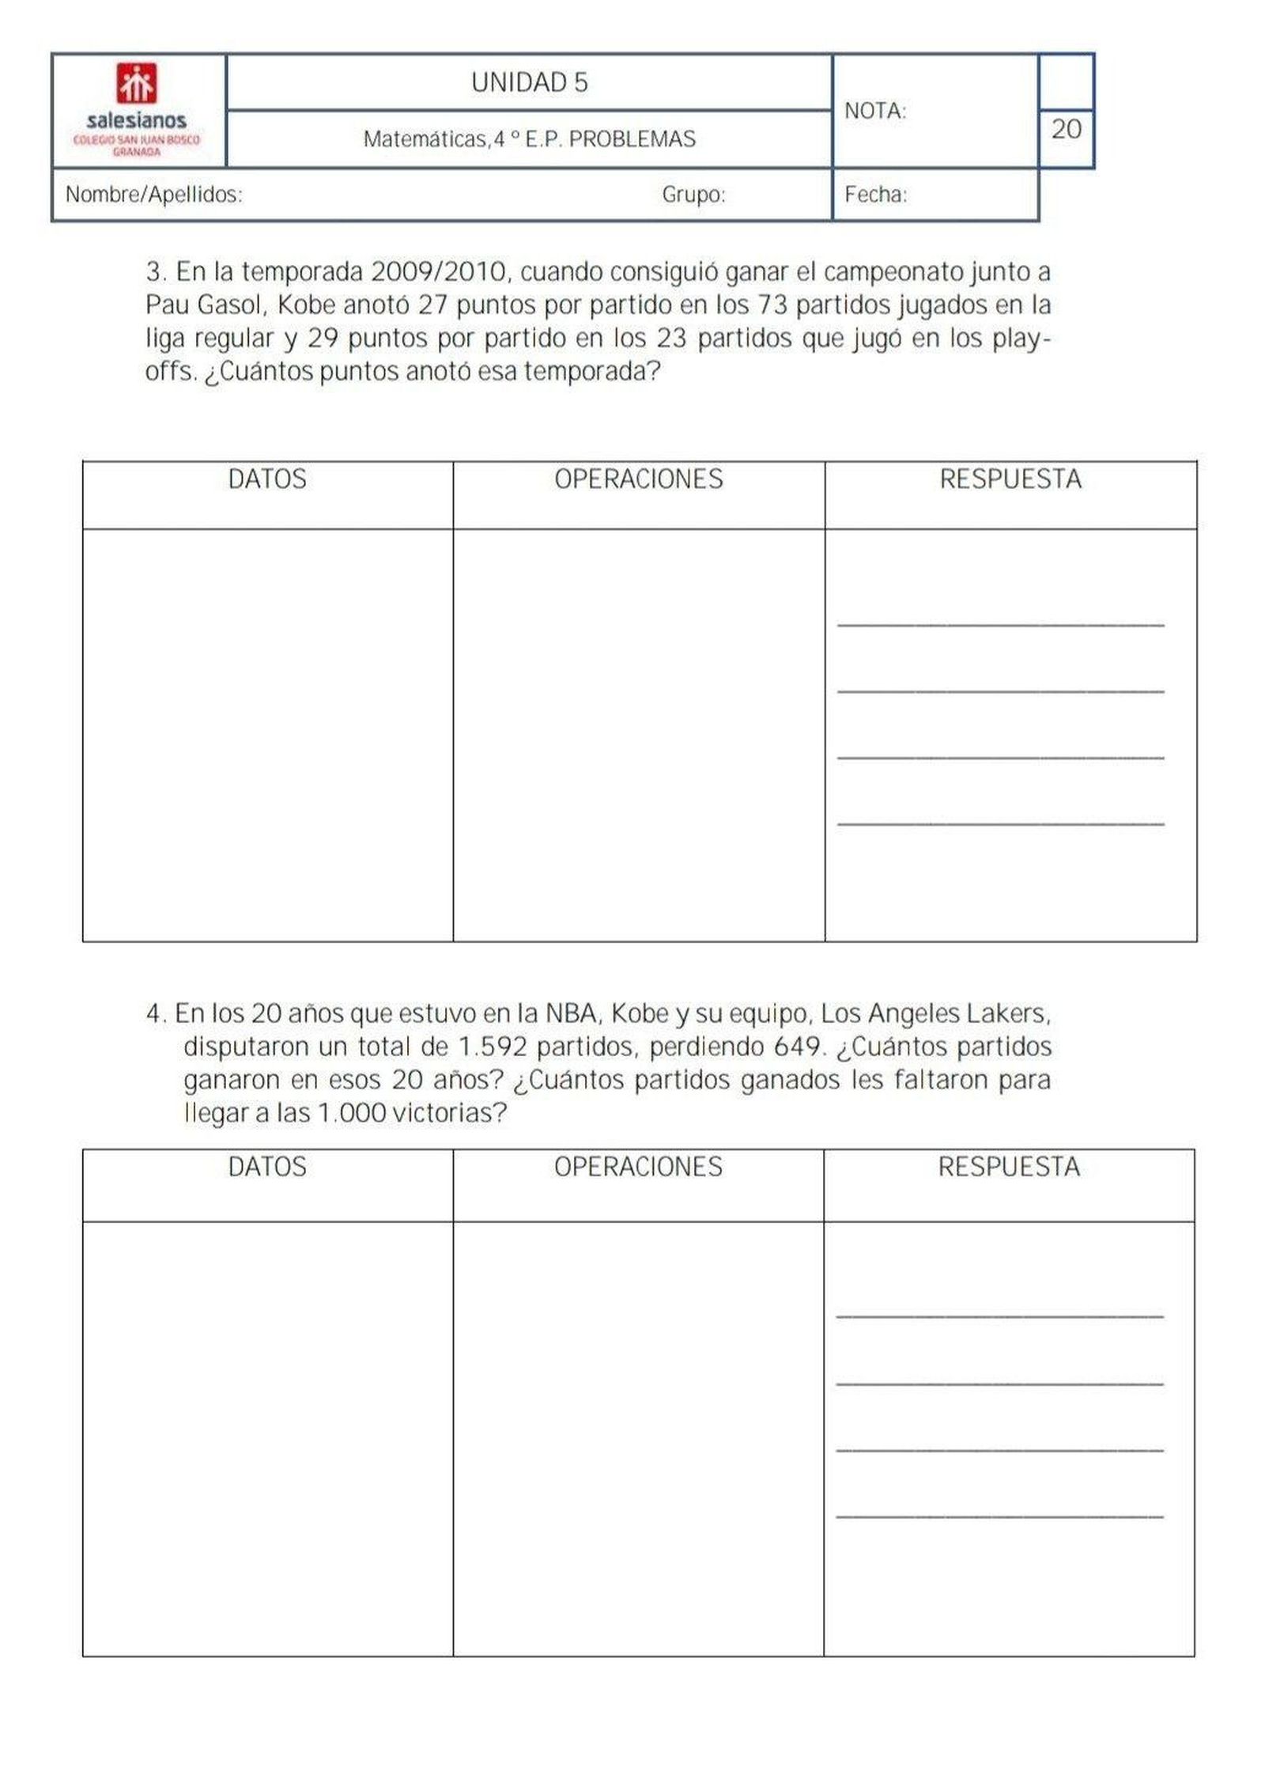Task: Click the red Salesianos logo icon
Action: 136,84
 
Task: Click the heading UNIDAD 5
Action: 529,83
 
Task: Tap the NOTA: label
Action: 874,112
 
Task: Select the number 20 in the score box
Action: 1066,129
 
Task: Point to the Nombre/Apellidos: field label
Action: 153,195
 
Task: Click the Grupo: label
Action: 693,195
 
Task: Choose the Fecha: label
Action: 875,195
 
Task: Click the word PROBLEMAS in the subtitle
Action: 632,140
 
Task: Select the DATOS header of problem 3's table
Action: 267,479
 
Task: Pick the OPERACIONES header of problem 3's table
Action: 638,479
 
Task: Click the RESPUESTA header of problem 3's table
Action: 1010,479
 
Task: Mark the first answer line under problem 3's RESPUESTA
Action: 1000,625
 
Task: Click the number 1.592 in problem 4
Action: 492,1047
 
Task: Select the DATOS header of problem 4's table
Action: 267,1167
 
